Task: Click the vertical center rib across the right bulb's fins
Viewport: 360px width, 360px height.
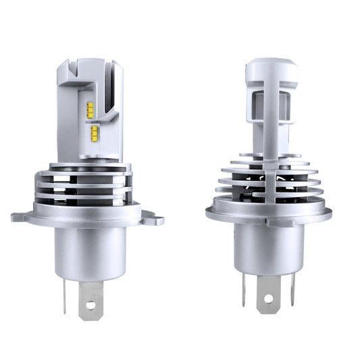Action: pos(269,182)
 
